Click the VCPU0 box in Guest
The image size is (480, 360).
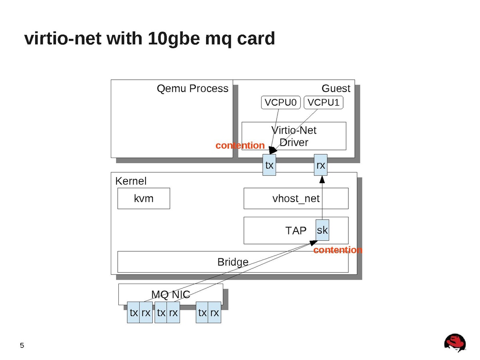280,103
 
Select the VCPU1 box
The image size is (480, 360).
324,103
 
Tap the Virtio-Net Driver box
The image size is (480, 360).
294,136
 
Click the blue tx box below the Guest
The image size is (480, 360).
269,165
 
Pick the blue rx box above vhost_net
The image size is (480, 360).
320,165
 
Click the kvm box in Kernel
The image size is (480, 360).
144,198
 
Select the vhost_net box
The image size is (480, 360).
296,198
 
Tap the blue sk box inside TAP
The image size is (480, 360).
322,230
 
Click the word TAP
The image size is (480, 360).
296,230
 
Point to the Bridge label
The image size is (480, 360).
233,262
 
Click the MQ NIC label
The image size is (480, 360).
170,294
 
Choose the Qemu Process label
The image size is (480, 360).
192,88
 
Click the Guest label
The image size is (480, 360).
336,88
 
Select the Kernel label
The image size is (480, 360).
131,181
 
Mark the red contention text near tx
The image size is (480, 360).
240,146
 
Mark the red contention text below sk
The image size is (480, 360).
338,250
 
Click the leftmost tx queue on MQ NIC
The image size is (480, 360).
134,313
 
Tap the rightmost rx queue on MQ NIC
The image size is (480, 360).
215,313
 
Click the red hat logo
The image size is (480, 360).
455,343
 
